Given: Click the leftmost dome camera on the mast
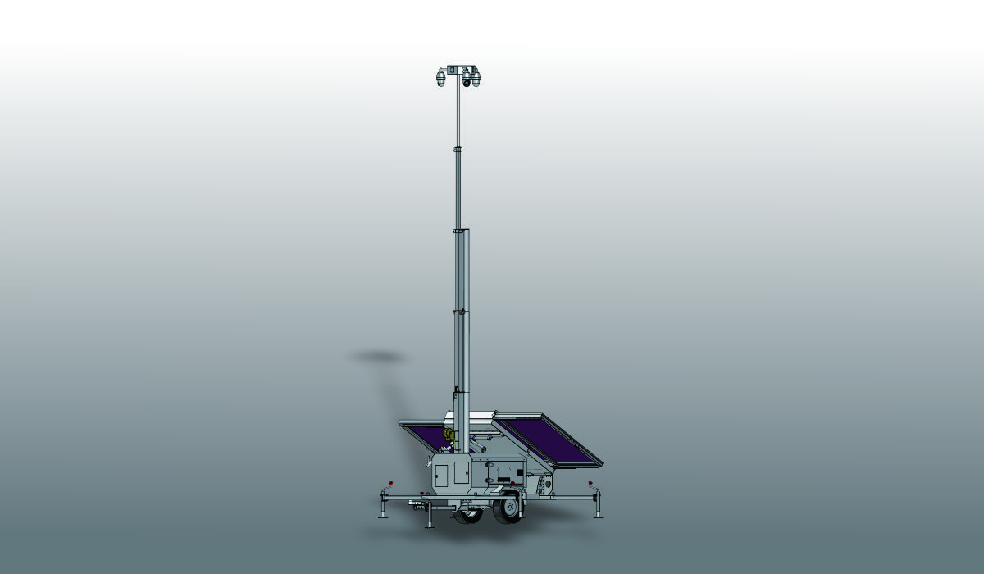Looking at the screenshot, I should [x=440, y=80].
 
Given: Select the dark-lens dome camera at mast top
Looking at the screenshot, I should [x=467, y=81].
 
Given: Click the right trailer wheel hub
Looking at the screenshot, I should [x=511, y=508].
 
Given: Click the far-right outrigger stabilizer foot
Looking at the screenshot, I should [x=598, y=515].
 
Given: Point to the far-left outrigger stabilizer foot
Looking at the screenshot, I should [x=383, y=516].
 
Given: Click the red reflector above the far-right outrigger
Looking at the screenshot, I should [x=590, y=483].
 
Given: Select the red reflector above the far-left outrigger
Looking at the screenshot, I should [x=391, y=482].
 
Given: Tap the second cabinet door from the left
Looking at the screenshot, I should [x=461, y=472].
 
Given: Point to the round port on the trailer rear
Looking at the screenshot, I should [x=548, y=484].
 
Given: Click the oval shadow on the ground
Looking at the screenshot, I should [x=378, y=357].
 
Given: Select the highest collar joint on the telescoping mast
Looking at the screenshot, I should [x=458, y=148].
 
